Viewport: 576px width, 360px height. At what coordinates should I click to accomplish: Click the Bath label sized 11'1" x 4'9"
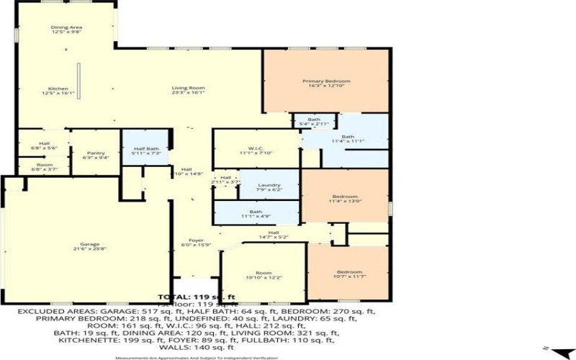tap(255, 213)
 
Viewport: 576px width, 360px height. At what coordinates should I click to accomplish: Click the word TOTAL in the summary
tap(174, 296)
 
